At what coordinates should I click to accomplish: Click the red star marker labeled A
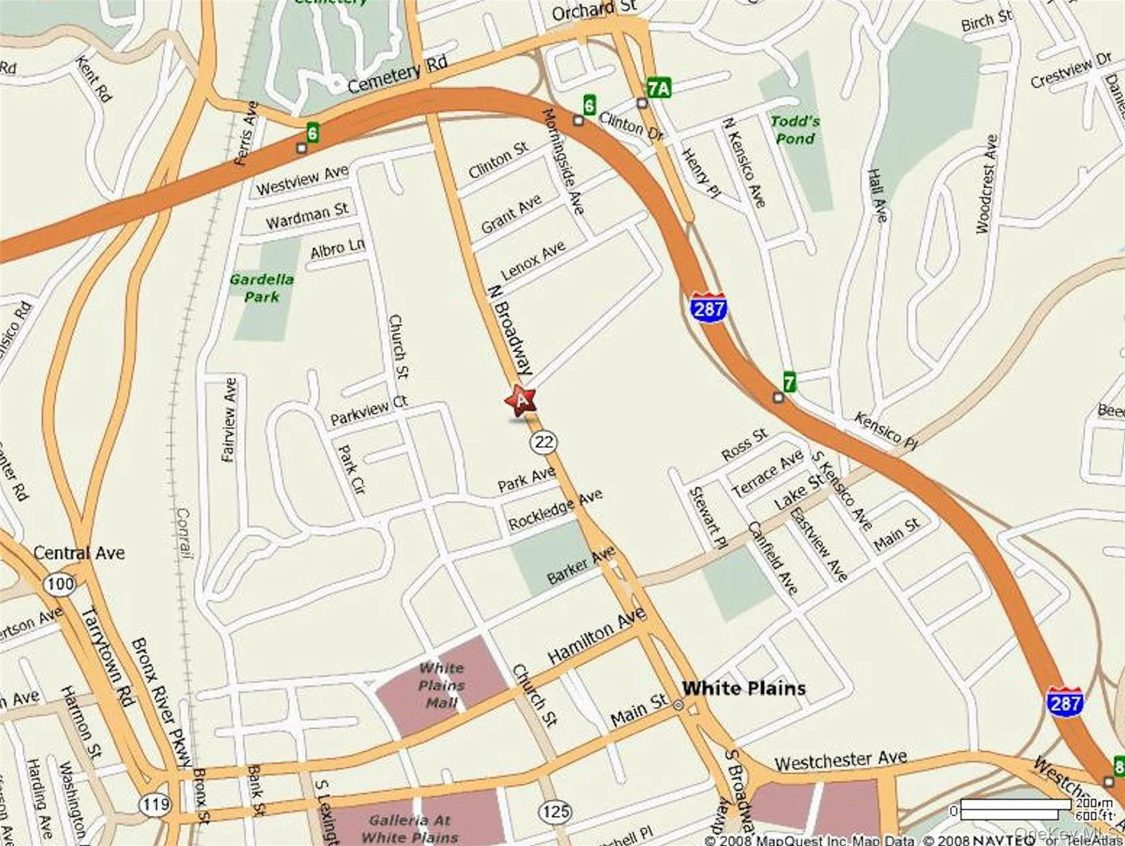pos(520,400)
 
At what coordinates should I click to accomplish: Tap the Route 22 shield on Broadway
pos(544,442)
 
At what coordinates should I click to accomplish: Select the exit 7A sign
pos(659,88)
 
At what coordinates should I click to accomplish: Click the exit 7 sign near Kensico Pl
pos(789,382)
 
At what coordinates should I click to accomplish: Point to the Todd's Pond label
pos(795,130)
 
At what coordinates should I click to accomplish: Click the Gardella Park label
pos(262,288)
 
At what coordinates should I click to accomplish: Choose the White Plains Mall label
pos(442,685)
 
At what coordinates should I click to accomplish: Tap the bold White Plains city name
pos(743,688)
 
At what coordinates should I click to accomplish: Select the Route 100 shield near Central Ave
pos(59,584)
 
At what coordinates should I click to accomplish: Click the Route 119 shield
pos(155,805)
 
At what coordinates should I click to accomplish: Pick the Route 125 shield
pos(555,811)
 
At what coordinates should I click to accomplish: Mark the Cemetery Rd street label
pos(398,75)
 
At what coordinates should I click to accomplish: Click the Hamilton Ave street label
pos(597,636)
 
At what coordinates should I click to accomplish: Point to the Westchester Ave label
pos(840,761)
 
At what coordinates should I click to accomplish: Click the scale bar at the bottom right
pos(1008,809)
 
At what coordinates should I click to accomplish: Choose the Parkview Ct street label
pos(368,410)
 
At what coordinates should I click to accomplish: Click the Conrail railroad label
pos(183,533)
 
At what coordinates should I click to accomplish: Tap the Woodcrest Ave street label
pos(986,184)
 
